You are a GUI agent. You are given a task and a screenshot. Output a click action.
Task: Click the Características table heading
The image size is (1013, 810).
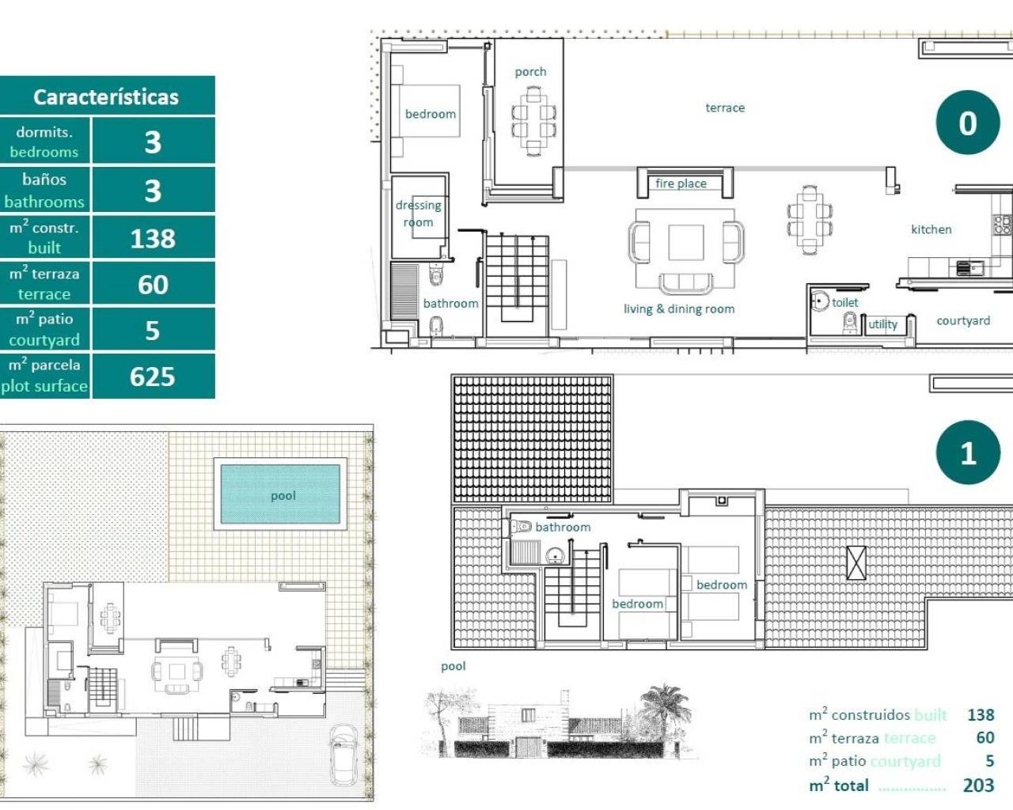tap(106, 97)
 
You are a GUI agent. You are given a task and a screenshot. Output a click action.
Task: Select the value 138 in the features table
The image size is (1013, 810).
tap(153, 238)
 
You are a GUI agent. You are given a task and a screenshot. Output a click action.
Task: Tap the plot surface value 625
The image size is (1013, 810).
tap(153, 377)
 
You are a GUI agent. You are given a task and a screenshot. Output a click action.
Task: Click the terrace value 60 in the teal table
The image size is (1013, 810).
tap(153, 284)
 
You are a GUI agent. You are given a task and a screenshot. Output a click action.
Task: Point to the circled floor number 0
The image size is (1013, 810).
tap(968, 123)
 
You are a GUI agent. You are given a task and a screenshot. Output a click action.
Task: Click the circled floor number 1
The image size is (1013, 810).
tap(968, 452)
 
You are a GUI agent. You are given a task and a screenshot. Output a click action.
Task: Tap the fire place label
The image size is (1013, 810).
tap(681, 184)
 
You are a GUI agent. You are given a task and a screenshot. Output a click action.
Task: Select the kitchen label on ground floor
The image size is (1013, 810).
tap(931, 229)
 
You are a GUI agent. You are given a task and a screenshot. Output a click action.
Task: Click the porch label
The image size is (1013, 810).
tap(530, 72)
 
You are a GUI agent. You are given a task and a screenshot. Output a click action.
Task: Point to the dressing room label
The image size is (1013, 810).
tap(418, 214)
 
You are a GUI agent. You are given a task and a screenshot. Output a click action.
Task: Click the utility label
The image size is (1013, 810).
tap(883, 324)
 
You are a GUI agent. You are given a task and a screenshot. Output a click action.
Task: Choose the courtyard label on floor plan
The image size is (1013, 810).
tap(962, 320)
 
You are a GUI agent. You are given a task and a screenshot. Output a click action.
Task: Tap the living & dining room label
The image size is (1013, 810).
tap(678, 309)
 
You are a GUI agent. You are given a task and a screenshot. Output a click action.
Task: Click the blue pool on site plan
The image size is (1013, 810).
tap(282, 495)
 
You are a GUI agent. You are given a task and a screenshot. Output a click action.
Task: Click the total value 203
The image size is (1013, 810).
tap(978, 785)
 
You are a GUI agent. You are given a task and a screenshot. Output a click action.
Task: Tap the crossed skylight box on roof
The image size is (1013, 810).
tap(856, 563)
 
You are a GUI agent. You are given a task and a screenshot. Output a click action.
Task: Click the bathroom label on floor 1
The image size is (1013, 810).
tap(563, 527)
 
